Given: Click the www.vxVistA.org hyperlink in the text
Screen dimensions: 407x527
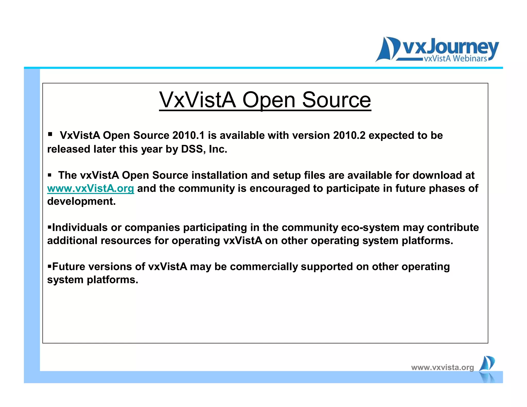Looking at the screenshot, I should point(91,189).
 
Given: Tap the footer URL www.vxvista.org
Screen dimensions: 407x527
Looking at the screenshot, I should point(442,367).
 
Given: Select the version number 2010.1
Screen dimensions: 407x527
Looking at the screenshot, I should point(188,135).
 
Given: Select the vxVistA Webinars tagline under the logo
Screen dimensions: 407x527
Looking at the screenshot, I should point(455,59).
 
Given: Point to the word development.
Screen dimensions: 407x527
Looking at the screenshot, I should point(81,201).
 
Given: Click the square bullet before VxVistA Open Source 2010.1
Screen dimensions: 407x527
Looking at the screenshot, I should point(50,134).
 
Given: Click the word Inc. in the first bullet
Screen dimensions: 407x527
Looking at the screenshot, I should point(218,149).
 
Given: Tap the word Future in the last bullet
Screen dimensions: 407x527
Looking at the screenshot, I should point(69,267).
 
